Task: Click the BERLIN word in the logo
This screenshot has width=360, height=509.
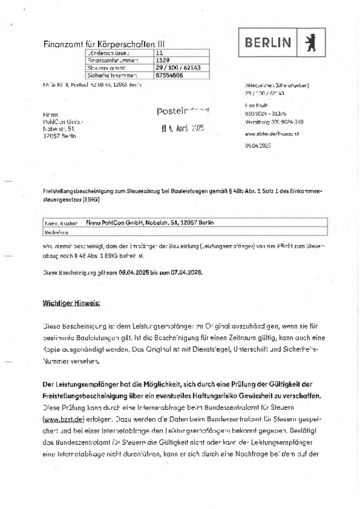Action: [x=268, y=43]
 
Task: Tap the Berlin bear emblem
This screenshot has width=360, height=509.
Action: [x=311, y=43]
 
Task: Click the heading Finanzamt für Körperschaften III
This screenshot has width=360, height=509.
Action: [x=104, y=44]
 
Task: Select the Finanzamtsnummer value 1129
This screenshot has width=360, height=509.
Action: [x=163, y=60]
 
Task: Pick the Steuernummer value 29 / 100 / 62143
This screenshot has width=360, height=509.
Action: [x=178, y=68]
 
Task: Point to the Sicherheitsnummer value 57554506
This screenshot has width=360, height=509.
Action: [x=169, y=75]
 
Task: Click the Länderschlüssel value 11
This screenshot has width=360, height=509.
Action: [x=159, y=53]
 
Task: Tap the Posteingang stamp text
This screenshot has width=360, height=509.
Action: [x=183, y=111]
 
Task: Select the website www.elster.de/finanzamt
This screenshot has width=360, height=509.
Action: [x=272, y=134]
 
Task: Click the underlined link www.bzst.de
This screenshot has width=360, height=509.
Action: [x=63, y=419]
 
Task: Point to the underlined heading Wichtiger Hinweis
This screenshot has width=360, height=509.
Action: [x=71, y=303]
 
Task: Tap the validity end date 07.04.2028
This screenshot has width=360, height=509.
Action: [x=186, y=272]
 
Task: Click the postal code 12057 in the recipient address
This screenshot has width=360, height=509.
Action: [x=51, y=136]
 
